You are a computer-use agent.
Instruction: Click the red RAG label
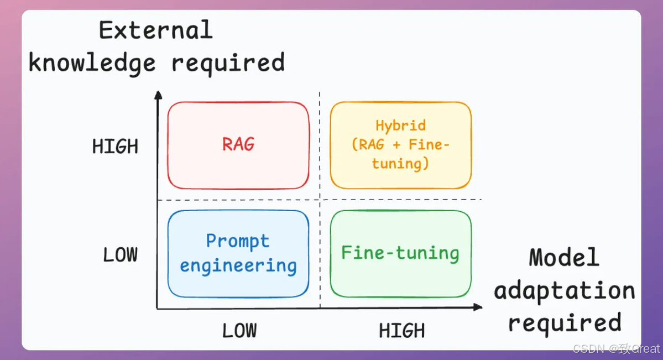(x=238, y=144)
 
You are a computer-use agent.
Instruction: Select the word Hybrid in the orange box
(x=400, y=126)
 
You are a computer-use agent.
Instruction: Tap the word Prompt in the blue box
(x=238, y=241)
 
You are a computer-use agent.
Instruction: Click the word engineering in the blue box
(x=238, y=266)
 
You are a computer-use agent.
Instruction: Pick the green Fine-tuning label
(x=400, y=253)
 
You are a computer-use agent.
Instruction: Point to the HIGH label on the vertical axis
(x=115, y=147)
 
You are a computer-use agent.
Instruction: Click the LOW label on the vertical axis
(x=120, y=255)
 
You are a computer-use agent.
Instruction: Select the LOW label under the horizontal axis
(x=239, y=331)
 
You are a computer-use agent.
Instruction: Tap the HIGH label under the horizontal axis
(x=401, y=331)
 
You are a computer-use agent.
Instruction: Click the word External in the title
(x=155, y=30)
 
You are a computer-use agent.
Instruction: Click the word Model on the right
(x=563, y=258)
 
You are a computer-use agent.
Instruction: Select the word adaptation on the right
(x=565, y=291)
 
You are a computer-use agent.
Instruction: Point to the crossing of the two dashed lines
(x=320, y=200)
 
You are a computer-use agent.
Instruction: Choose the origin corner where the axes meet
(x=158, y=308)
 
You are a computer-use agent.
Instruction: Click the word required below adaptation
(x=565, y=322)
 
